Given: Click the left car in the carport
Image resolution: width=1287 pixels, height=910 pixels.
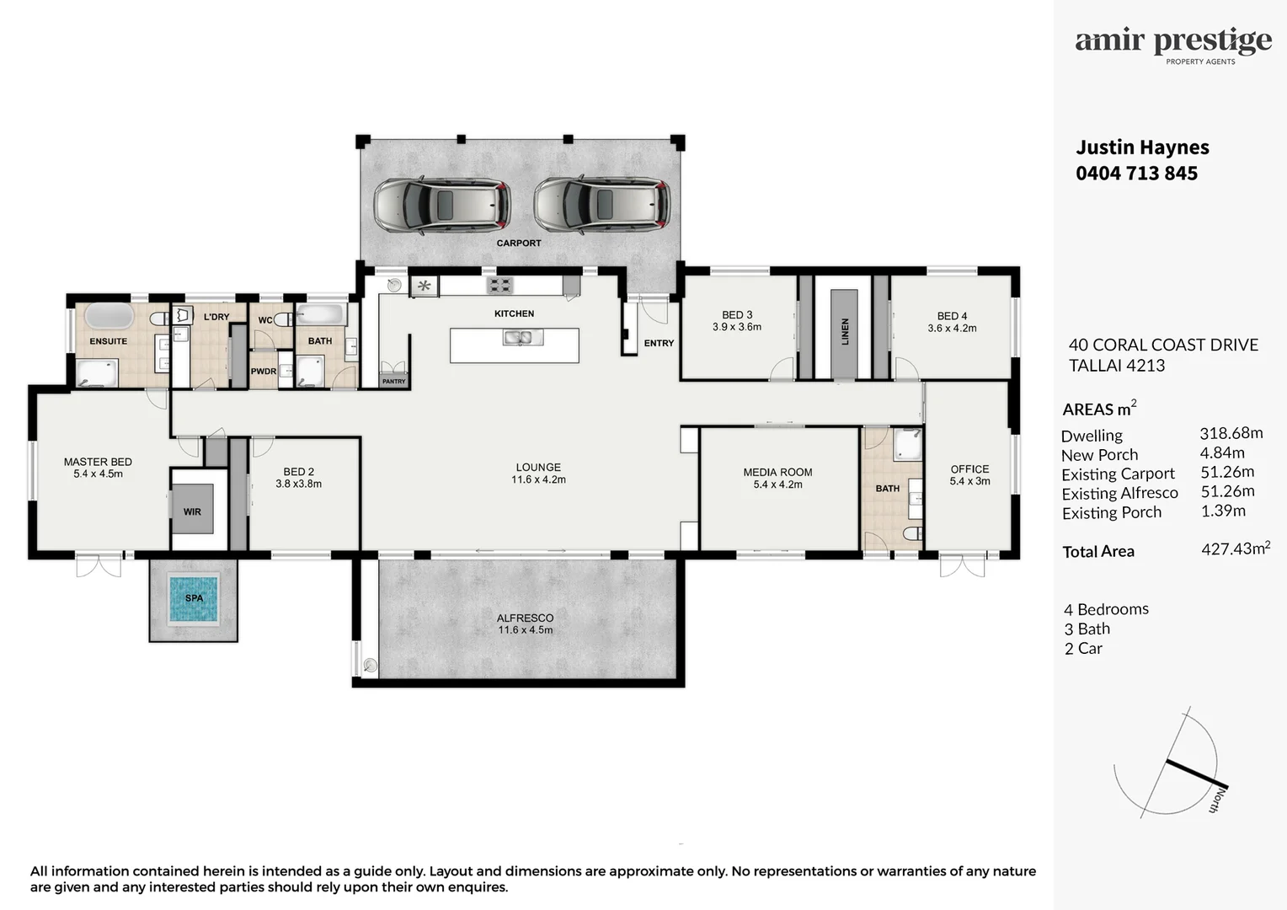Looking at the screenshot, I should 442,205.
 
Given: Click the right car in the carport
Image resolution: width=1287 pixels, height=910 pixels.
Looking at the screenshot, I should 602,205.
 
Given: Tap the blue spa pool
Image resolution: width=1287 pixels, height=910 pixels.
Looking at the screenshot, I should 194,598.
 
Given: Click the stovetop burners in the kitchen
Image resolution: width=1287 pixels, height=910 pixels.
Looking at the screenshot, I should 500,286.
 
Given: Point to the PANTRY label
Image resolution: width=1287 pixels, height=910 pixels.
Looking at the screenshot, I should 393,382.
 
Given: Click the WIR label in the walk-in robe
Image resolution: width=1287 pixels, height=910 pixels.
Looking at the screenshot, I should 192,511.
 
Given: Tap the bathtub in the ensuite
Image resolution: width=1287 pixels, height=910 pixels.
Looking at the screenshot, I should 109,317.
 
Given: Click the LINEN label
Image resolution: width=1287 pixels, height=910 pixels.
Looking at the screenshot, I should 845,331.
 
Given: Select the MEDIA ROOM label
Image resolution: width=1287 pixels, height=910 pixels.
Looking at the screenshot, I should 777,473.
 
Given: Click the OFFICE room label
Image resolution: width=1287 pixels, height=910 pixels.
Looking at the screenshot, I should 969,469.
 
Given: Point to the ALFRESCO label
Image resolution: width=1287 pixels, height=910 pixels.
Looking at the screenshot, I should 525,618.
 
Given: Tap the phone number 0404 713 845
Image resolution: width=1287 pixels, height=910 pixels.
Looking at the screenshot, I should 1136,174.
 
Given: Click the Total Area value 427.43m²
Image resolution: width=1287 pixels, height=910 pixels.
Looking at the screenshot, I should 1235,549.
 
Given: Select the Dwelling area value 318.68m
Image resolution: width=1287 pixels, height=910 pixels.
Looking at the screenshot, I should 1231,433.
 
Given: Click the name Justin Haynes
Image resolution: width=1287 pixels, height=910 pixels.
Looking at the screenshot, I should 1142,147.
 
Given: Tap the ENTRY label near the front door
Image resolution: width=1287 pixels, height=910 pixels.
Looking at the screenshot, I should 659,343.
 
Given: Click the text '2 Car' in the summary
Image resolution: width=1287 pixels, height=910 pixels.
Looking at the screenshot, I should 1083,649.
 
